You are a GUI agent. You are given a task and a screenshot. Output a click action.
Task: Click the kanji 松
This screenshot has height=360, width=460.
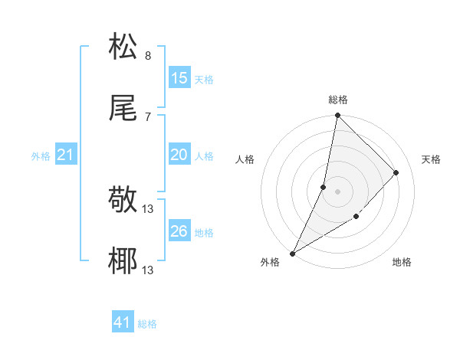pos(123,47)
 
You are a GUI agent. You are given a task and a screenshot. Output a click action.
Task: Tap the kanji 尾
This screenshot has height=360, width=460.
pos(123,109)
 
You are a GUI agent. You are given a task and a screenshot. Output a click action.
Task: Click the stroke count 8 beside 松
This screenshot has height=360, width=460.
pos(147,56)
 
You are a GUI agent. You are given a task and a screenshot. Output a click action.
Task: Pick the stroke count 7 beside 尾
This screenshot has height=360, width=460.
pos(147,117)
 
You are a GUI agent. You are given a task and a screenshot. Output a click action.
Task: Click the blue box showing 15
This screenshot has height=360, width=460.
pos(179,78)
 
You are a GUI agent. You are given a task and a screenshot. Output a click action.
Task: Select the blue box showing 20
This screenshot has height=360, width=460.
pos(179,155)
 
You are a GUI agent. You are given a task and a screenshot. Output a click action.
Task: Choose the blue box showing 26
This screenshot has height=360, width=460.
pos(179,231)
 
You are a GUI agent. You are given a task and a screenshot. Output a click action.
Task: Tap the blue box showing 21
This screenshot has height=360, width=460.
pos(66,155)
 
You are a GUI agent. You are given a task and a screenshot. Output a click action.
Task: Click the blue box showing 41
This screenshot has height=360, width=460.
pos(123,323)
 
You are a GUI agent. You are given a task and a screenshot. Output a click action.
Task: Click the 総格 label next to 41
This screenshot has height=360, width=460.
pos(147,324)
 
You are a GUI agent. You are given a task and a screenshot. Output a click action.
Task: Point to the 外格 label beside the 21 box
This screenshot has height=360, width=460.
pos(41,156)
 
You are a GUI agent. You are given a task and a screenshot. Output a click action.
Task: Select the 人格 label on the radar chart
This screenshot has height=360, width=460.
pos(245,159)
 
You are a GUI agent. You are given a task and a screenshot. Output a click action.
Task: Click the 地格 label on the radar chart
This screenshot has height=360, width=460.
pos(402,263)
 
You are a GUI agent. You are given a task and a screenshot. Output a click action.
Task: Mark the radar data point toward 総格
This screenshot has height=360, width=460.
pos(337,115)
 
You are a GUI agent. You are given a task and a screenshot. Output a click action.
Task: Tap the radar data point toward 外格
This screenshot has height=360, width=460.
pos(292,254)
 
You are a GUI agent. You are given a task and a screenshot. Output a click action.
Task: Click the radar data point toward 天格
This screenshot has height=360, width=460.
pos(396,172)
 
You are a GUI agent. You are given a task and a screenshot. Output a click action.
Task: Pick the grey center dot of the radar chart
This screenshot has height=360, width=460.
pos(337,191)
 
